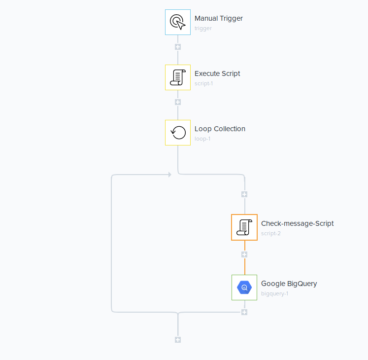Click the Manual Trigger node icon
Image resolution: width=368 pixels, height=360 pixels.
point(177,22)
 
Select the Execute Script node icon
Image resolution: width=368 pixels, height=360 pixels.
point(177,77)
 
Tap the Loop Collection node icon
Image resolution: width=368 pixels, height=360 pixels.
point(177,133)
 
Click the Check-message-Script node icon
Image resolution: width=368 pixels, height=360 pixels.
point(244,227)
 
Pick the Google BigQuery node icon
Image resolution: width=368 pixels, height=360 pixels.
point(244,288)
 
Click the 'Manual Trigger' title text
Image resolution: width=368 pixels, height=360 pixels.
point(218,18)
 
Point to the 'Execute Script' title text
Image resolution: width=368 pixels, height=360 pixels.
point(217,73)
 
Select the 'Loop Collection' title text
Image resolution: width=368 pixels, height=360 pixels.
point(220,129)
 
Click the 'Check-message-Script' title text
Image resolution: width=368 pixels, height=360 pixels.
point(297,223)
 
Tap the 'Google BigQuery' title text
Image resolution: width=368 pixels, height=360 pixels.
point(289,284)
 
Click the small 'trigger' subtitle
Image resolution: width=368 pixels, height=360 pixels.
point(203,29)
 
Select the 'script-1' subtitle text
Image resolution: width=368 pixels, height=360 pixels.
point(204,84)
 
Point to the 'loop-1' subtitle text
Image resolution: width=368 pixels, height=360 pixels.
point(203,139)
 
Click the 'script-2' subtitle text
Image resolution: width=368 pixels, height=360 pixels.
point(271,234)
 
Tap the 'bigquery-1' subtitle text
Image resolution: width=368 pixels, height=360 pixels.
point(274,294)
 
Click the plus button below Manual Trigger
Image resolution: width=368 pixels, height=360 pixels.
point(178,47)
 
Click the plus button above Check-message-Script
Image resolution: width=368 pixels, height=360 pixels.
point(244,194)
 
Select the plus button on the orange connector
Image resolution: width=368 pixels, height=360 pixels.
point(244,254)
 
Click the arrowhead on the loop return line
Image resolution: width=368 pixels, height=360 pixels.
point(169,175)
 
